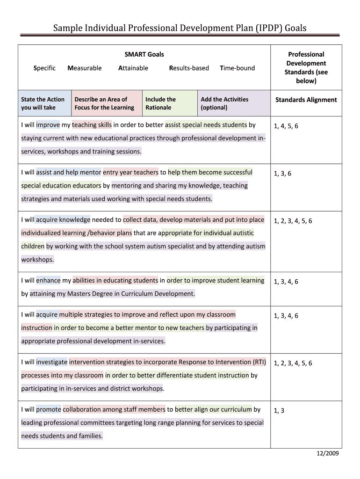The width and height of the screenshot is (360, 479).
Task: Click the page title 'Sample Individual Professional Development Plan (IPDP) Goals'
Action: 180,28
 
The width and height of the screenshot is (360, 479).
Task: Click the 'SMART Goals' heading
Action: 144,55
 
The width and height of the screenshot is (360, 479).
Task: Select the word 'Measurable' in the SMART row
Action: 85,68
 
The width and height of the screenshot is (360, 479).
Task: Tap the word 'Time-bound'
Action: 238,68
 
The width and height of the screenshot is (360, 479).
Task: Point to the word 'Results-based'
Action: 189,68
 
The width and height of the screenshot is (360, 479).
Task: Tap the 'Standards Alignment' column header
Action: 306,100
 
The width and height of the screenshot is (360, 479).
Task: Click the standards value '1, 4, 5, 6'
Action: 286,126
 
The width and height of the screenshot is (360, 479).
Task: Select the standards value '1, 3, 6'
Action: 282,174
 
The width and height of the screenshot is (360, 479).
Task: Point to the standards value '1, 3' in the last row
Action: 279,411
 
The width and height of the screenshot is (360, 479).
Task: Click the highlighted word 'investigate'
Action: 51,362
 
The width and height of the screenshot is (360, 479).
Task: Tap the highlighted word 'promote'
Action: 49,409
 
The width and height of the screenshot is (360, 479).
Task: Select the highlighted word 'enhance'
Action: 48,281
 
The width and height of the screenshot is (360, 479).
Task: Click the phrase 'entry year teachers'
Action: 130,172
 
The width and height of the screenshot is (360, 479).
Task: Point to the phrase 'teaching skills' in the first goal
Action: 92,125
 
